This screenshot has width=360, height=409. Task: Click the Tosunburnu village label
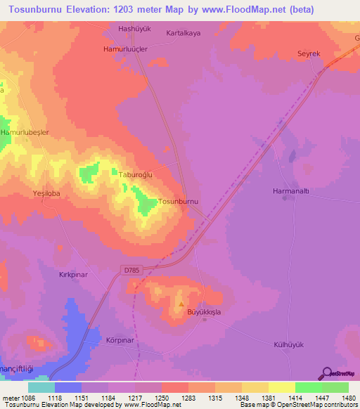click(x=180, y=202)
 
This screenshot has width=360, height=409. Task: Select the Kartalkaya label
click(x=184, y=33)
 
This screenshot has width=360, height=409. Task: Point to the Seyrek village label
click(x=309, y=53)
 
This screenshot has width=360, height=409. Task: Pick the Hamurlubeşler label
click(x=25, y=132)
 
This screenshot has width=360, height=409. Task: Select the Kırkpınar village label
click(x=73, y=275)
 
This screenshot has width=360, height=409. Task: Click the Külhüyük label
click(x=288, y=344)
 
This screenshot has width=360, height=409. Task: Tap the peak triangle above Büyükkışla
click(x=181, y=305)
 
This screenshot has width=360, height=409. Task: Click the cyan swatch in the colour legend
click(x=41, y=387)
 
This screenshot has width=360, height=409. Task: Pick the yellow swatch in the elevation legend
click(x=281, y=387)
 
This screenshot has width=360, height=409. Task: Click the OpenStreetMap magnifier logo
click(x=326, y=373)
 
